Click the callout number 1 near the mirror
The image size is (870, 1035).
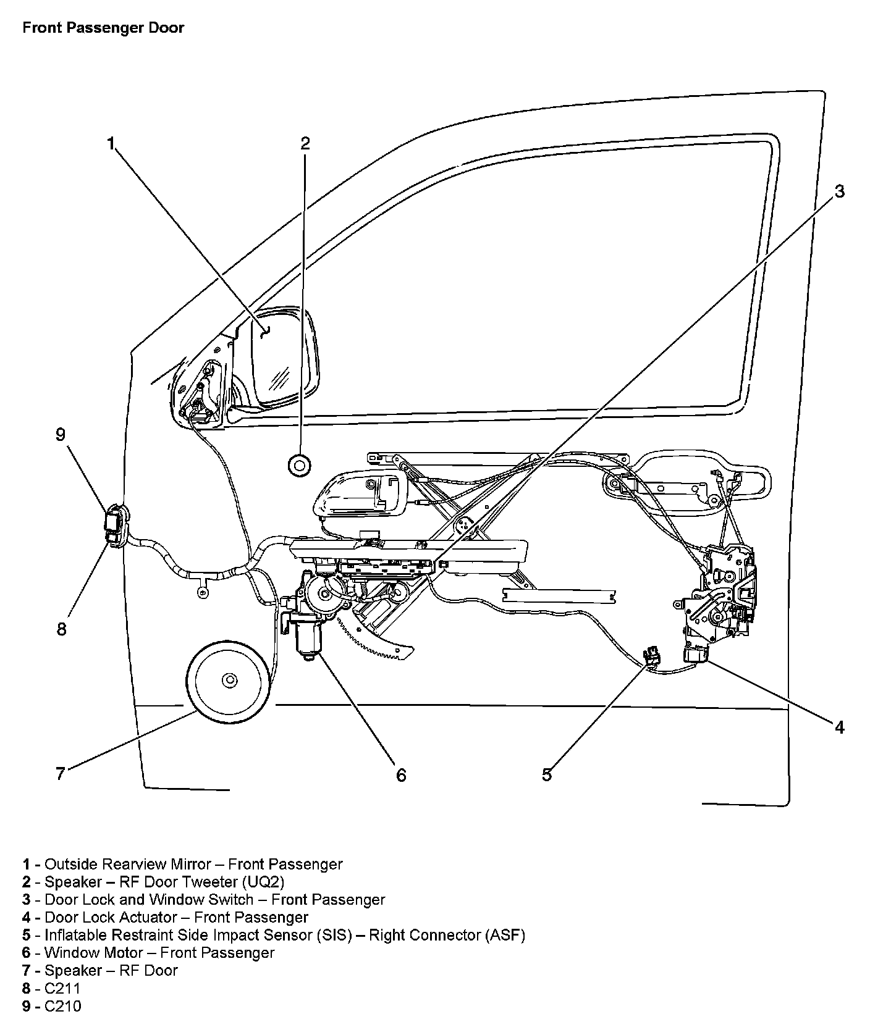pyautogui.click(x=111, y=145)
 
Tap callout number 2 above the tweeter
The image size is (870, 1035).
pyautogui.click(x=305, y=144)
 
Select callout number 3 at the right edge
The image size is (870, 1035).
pyautogui.click(x=839, y=192)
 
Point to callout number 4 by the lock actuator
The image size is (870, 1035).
pyautogui.click(x=839, y=727)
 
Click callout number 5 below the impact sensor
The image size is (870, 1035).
pyautogui.click(x=547, y=774)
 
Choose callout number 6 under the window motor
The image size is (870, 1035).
pyautogui.click(x=401, y=774)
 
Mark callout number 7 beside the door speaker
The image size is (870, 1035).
pyautogui.click(x=61, y=774)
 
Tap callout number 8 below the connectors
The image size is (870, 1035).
pyautogui.click(x=61, y=630)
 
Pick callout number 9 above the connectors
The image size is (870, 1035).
pyautogui.click(x=61, y=435)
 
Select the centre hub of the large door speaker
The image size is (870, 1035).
pyautogui.click(x=229, y=681)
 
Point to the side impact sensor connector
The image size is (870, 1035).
pyautogui.click(x=651, y=656)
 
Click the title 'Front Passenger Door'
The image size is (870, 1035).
pyautogui.click(x=103, y=28)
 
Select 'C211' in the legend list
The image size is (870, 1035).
pyautogui.click(x=62, y=988)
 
